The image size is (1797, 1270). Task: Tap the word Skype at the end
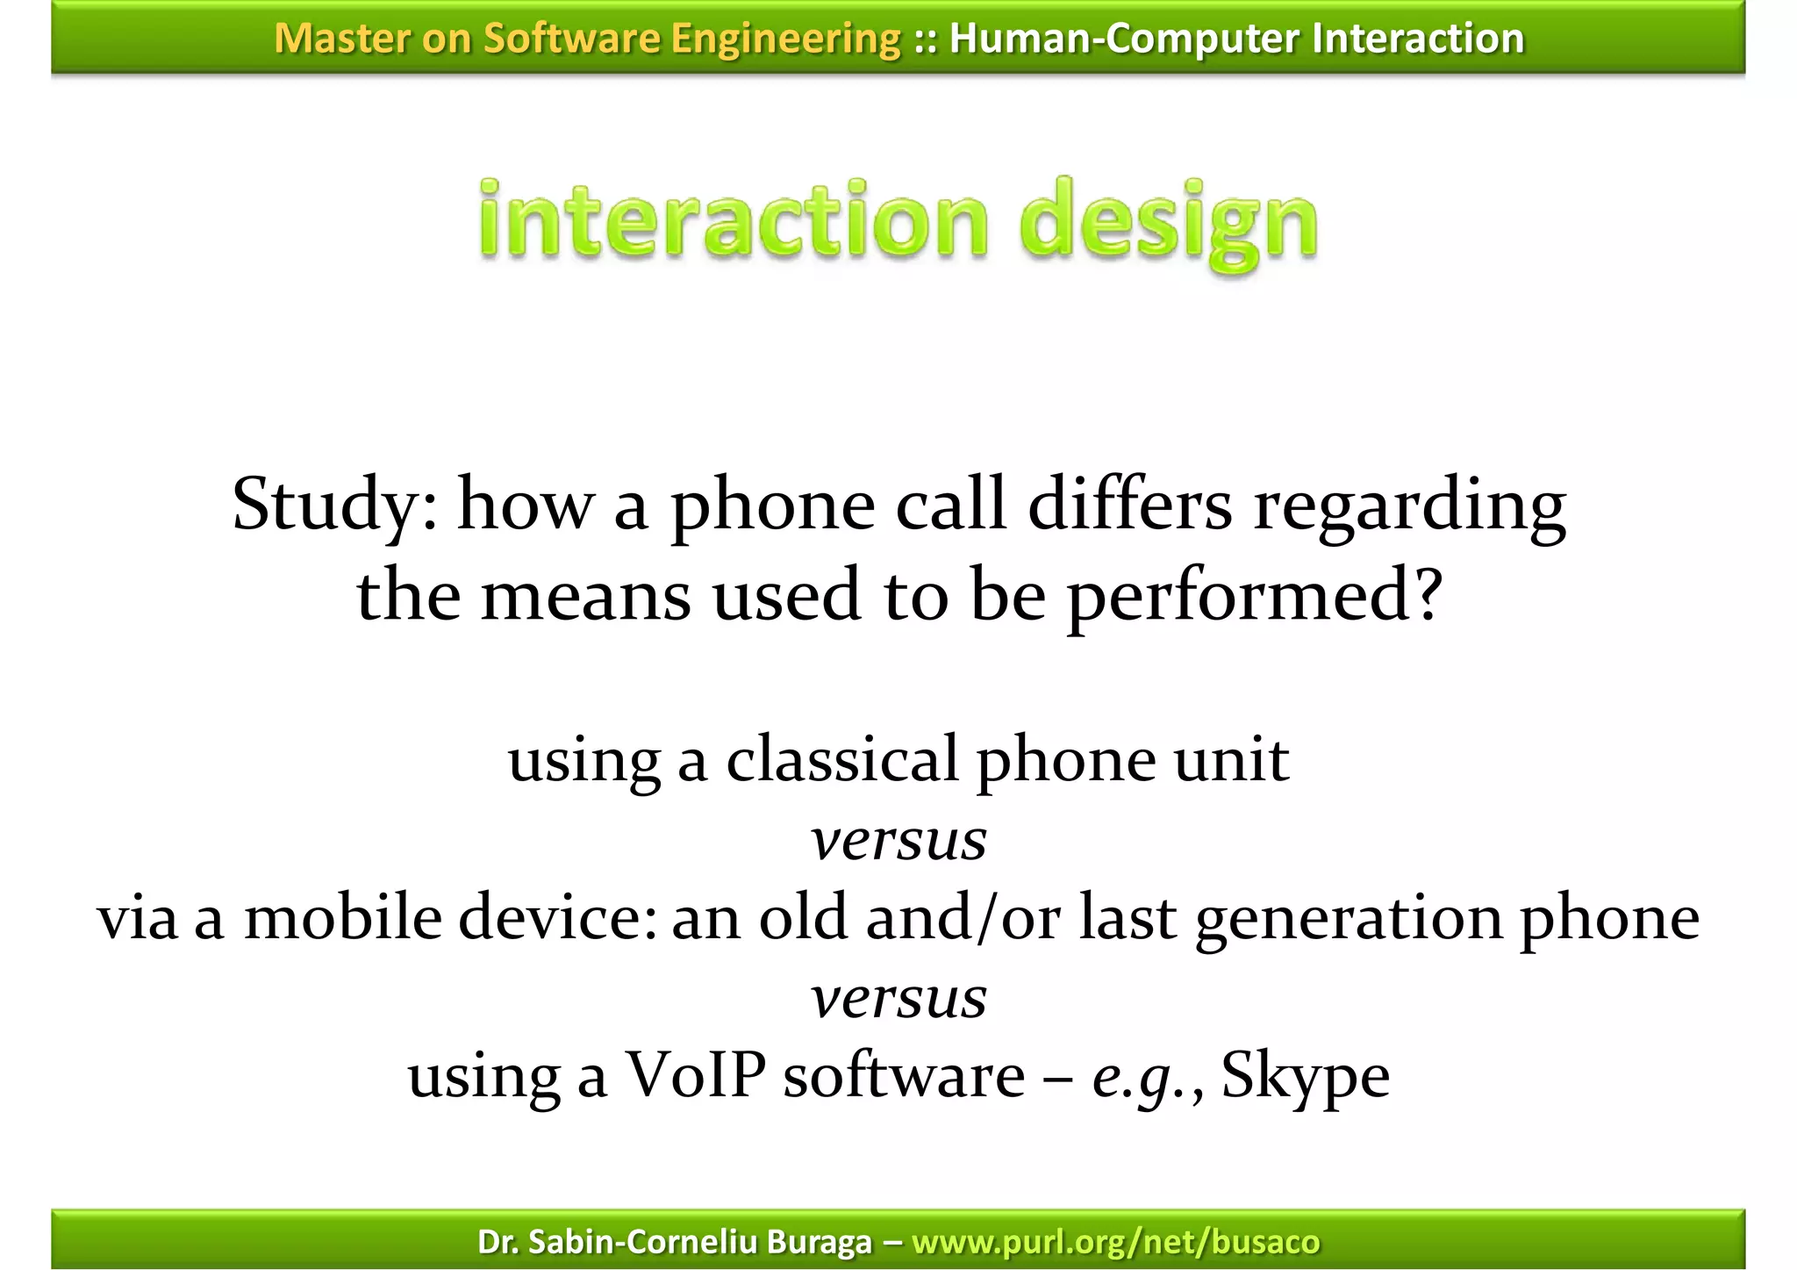tap(1305, 1076)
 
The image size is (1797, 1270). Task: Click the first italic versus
tap(898, 840)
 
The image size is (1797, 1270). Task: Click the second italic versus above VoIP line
tap(898, 998)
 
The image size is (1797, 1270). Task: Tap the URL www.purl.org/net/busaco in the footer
tap(1115, 1241)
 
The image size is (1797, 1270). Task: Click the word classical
tap(841, 759)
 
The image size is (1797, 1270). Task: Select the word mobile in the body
tap(342, 918)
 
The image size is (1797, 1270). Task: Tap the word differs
tap(1129, 506)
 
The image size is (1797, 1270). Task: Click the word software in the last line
tap(904, 1076)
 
